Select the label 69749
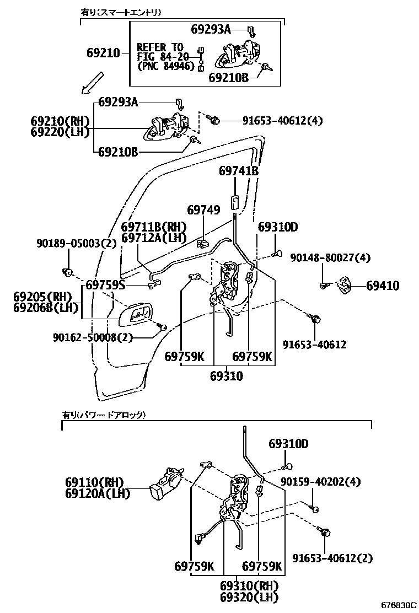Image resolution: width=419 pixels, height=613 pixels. coord(203,210)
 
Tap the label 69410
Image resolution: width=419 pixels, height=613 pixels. coord(383,286)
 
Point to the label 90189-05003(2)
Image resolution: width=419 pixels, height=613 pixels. coord(77,243)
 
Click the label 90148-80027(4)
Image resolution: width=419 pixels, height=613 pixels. coord(330,257)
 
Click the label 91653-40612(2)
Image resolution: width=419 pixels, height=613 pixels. coord(332,558)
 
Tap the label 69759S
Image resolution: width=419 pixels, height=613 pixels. coord(105,285)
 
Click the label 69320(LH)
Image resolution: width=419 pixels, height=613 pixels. coord(249,596)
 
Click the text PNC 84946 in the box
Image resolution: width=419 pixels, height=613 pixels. coord(166,66)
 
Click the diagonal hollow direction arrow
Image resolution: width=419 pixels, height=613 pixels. coord(92,83)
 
